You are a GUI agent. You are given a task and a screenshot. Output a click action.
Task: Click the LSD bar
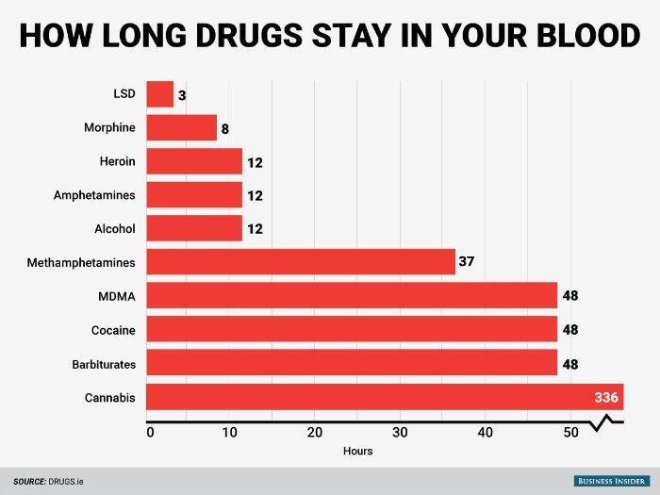click(160, 94)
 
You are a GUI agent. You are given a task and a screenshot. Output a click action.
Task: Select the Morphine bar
click(181, 128)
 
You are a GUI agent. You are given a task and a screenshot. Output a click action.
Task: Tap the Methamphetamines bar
click(301, 262)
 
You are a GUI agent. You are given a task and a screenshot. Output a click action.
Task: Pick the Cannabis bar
click(377, 397)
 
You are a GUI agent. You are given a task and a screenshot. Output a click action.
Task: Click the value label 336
click(605, 397)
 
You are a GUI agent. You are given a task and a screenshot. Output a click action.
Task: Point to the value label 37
click(466, 262)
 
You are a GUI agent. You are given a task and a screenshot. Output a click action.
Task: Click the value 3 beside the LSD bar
click(181, 94)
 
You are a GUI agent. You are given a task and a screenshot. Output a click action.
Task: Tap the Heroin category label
click(117, 162)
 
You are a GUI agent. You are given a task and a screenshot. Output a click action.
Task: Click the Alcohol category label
click(115, 229)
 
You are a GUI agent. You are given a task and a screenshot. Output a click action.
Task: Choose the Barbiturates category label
click(104, 364)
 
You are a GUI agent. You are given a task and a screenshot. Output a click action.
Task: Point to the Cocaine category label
click(113, 330)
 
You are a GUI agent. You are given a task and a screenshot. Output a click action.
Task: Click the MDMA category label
click(118, 296)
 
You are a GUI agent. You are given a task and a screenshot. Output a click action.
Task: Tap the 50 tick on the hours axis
click(569, 433)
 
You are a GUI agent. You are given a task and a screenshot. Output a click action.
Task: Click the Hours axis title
click(358, 451)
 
